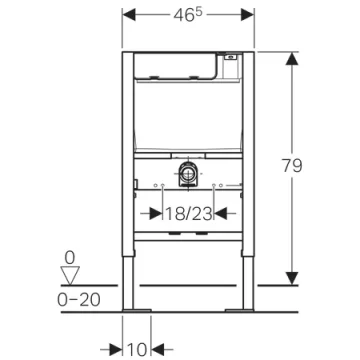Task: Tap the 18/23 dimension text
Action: pyautogui.click(x=187, y=213)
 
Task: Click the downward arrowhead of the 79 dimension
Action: pyautogui.click(x=292, y=279)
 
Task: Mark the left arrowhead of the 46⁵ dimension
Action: pyautogui.click(x=134, y=17)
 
